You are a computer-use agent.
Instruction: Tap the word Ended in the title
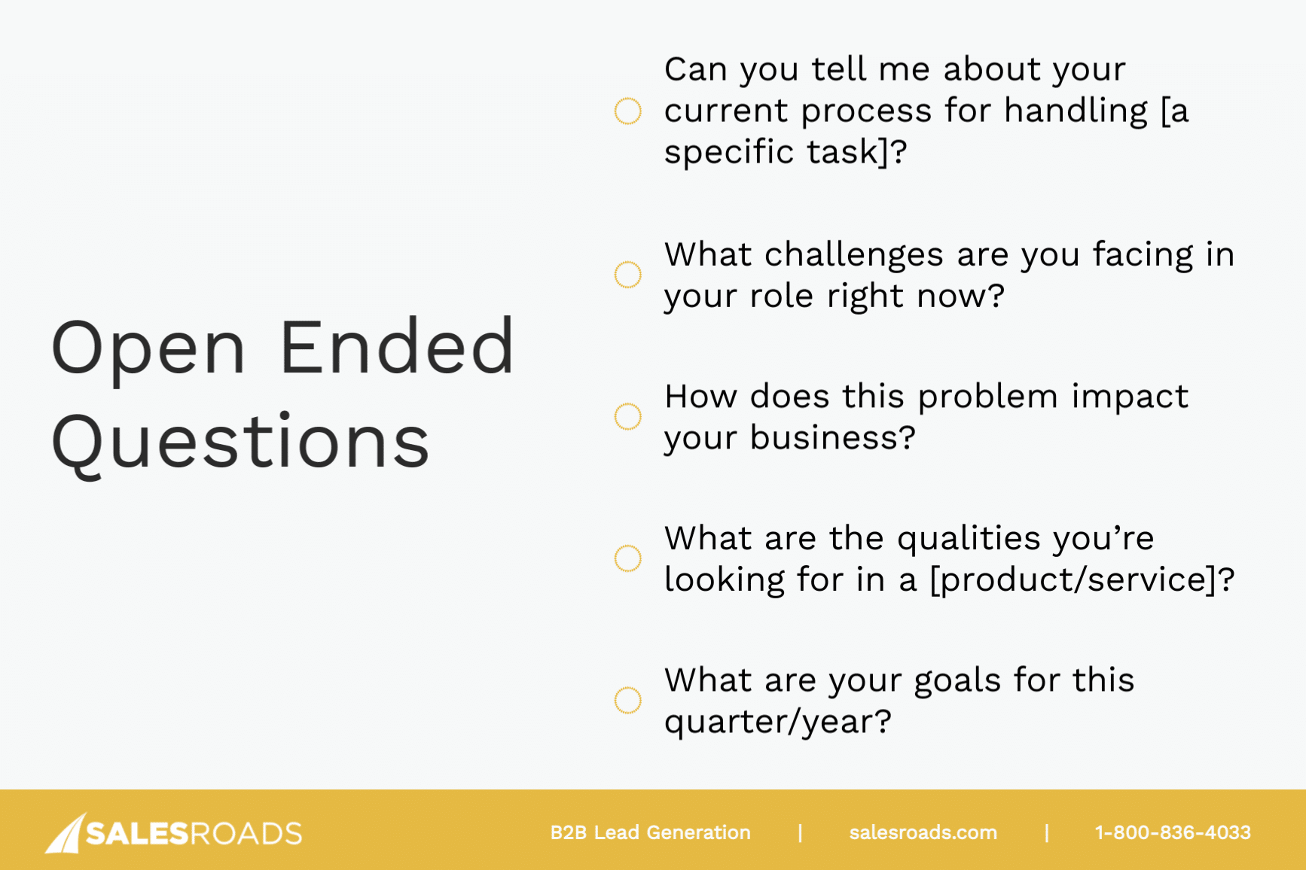point(397,347)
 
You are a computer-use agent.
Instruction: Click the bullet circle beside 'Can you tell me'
point(627,111)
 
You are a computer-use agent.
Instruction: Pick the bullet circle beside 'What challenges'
point(627,275)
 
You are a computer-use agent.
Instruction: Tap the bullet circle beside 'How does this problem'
point(627,416)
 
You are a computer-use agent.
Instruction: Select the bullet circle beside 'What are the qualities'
point(627,558)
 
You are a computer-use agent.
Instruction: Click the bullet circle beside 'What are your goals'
point(627,700)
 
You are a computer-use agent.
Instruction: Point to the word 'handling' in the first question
point(1076,111)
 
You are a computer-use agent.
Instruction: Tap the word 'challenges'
point(853,256)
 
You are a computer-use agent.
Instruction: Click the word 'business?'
point(832,438)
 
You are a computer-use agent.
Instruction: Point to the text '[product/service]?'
point(1082,580)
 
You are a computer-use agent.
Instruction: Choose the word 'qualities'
point(969,539)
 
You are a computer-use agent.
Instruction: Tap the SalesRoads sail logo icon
point(66,833)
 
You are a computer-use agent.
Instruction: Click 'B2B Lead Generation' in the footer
point(650,832)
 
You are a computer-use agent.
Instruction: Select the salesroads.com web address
point(923,832)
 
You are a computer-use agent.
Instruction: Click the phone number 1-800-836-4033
point(1172,832)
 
